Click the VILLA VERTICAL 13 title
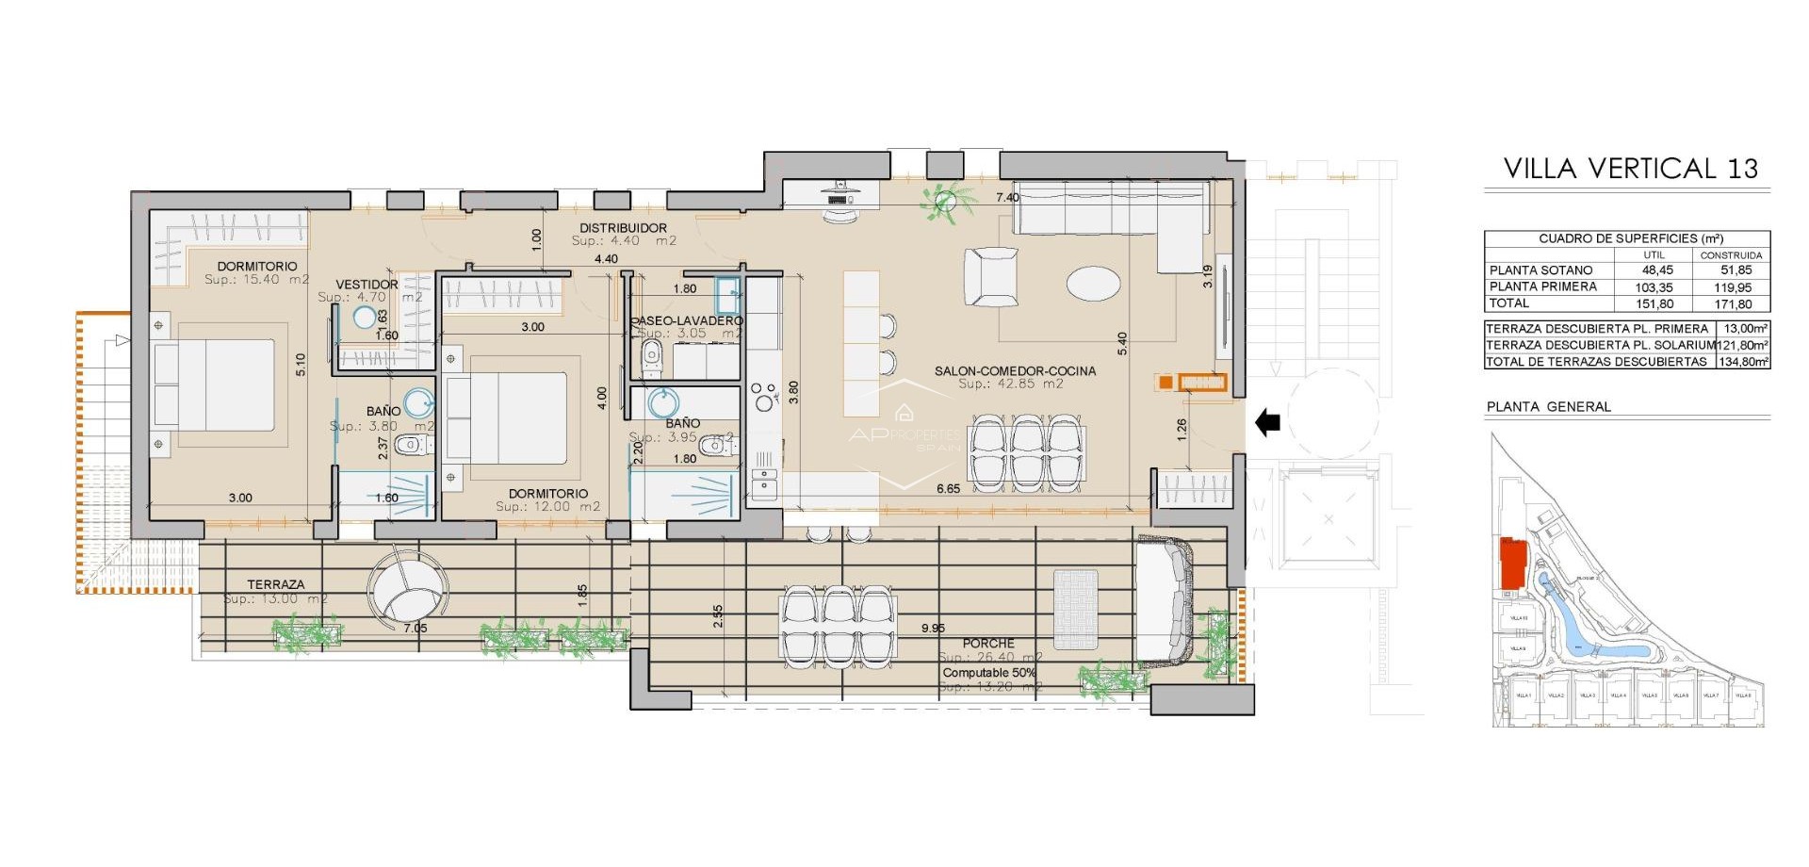pos(1630,169)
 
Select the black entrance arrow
pos(1268,423)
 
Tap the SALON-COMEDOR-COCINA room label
pos(1015,370)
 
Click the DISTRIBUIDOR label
pos(623,228)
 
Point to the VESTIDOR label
pos(367,284)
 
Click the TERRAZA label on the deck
pos(276,584)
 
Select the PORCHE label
pos(988,643)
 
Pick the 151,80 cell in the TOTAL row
pos(1654,304)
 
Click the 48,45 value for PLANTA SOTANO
pos(1654,270)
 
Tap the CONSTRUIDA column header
pos(1731,255)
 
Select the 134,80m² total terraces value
pos(1743,362)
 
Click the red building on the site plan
pos(1512,564)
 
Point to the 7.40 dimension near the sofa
pos(1007,198)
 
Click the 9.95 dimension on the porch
pos(933,629)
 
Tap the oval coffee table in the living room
pos(1093,282)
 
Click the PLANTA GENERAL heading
pos(1548,407)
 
